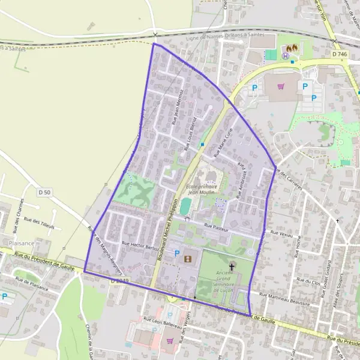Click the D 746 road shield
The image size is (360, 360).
pos(339,54)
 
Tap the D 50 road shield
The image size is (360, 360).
pos(44,192)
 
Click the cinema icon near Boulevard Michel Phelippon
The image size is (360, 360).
pos(188,259)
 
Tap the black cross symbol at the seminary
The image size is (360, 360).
pos(231,265)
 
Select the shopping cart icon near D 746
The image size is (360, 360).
pos(281,86)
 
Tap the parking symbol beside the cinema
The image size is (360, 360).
pos(176,254)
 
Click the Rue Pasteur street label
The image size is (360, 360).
pos(217,226)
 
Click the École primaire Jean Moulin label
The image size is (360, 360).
pos(202,190)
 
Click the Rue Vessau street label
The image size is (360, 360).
pos(281,232)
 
